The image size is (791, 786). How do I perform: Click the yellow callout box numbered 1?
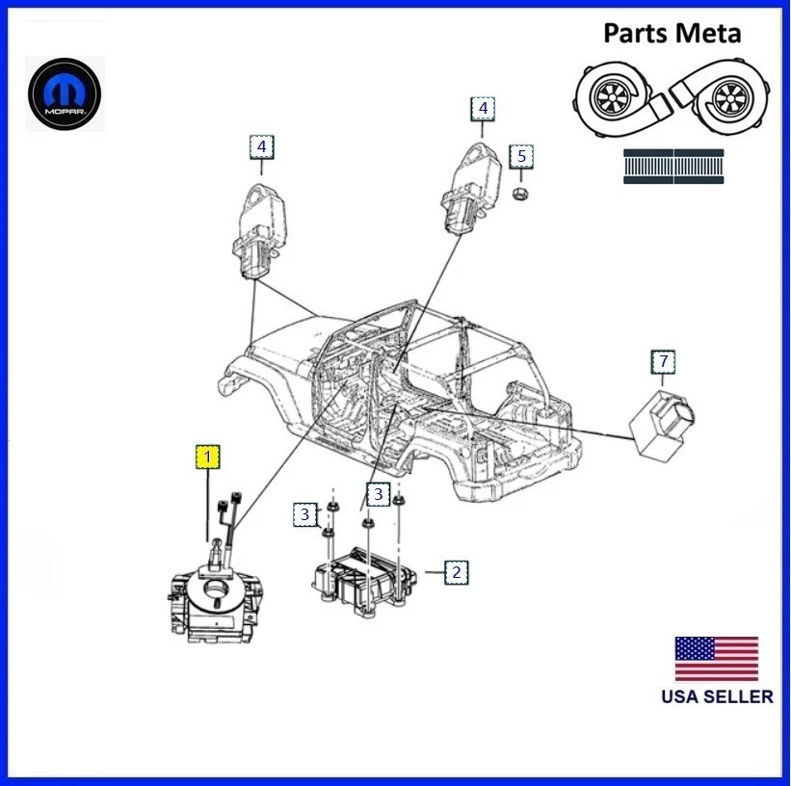[207, 458]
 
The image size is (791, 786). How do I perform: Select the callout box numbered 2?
[456, 572]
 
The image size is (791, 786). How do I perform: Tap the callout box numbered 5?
[521, 156]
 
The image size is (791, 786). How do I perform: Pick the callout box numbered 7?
[663, 362]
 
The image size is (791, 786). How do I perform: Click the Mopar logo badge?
[65, 94]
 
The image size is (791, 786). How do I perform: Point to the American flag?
[717, 659]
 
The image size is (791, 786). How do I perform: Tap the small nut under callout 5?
[519, 193]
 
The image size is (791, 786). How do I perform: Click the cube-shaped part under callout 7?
[660, 423]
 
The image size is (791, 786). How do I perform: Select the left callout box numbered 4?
[261, 146]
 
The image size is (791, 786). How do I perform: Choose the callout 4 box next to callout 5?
[483, 109]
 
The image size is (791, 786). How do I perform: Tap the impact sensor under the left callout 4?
[259, 231]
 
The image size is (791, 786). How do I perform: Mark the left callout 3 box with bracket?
[305, 514]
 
